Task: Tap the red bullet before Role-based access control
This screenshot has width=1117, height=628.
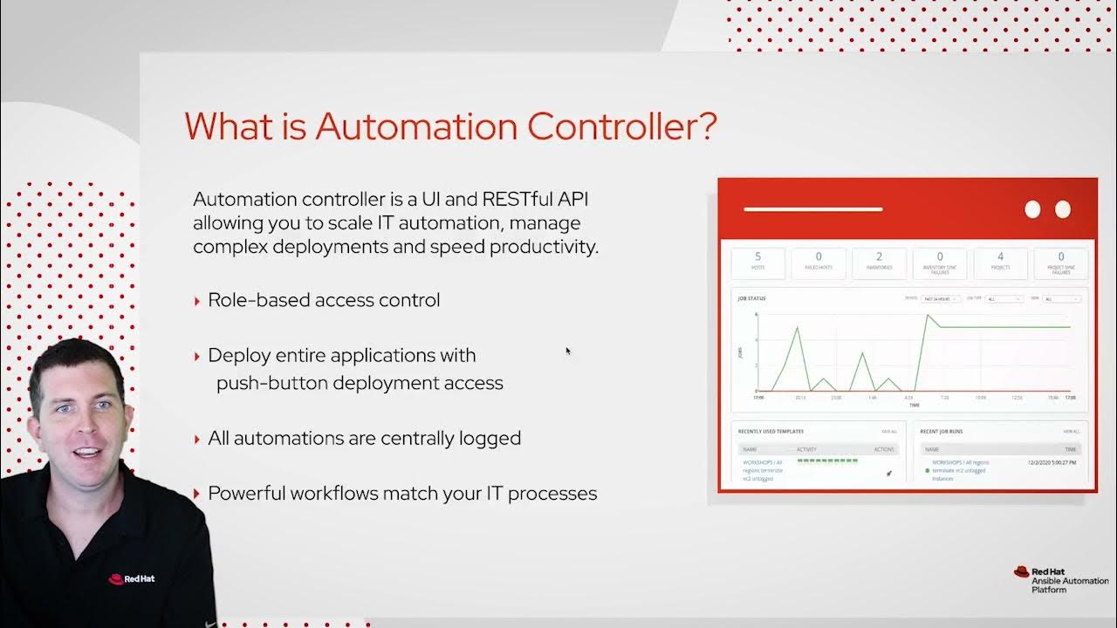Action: tap(197, 301)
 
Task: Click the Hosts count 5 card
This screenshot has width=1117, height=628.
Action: tap(757, 261)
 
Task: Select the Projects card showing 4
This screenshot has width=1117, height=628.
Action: tap(1000, 261)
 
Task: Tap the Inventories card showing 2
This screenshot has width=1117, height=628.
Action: tap(879, 261)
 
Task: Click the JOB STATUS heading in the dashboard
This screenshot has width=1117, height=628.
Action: tap(751, 298)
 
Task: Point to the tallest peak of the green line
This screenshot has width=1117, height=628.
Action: tap(928, 316)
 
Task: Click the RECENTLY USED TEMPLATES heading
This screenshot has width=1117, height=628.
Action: tap(771, 431)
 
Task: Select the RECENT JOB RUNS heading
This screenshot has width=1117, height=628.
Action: tap(941, 431)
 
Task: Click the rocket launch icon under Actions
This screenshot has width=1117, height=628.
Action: tap(889, 473)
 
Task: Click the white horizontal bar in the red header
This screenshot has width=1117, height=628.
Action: tap(812, 209)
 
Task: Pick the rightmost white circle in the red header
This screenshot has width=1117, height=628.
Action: tap(1062, 209)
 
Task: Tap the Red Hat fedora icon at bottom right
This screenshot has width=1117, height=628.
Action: tap(1021, 572)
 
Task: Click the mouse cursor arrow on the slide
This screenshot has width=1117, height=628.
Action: tap(567, 351)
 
